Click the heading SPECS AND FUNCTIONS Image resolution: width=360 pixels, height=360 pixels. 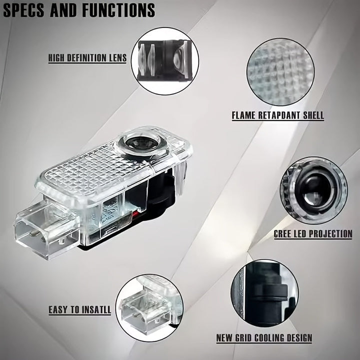[x=79, y=9]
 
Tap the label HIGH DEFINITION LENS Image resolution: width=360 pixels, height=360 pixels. [x=87, y=58]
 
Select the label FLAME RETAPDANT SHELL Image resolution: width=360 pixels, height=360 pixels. [x=277, y=115]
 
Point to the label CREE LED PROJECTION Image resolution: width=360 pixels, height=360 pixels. [x=313, y=233]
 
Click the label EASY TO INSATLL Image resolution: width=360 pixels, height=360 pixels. [x=79, y=310]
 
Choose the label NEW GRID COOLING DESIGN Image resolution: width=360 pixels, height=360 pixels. [x=264, y=338]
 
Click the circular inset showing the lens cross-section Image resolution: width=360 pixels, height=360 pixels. [x=167, y=61]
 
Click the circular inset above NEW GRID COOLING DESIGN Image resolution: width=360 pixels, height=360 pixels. [x=264, y=292]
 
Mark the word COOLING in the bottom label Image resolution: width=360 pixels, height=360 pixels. [x=264, y=338]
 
